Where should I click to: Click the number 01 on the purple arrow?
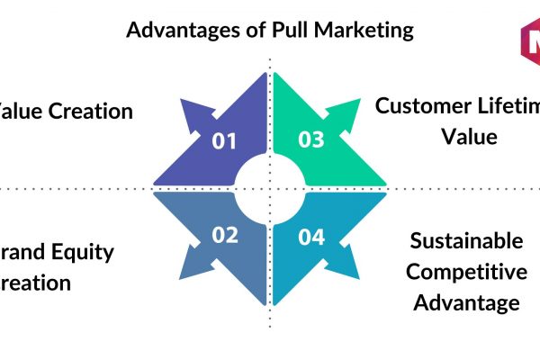224,140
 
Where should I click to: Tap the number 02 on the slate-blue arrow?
224,236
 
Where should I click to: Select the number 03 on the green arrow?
310,140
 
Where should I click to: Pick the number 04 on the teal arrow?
311,237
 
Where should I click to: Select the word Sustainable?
465,240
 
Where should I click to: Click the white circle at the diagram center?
268,189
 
